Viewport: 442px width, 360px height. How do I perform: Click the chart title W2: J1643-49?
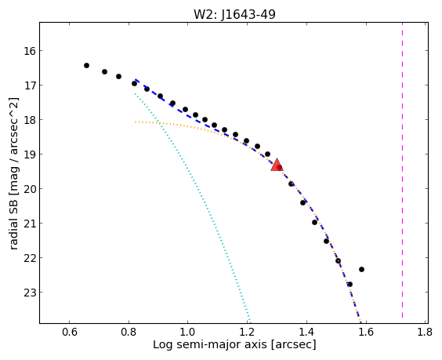pyautogui.click(x=234, y=14)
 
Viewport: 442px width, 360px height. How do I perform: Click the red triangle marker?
pyautogui.click(x=277, y=165)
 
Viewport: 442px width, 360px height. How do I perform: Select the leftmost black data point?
pyautogui.click(x=86, y=65)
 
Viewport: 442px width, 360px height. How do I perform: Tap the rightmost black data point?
pyautogui.click(x=361, y=270)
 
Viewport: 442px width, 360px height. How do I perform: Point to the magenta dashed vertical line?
pyautogui.click(x=402, y=170)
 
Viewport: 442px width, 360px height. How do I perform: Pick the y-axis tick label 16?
pyautogui.click(x=30, y=51)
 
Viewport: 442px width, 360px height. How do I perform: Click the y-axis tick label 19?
pyautogui.click(x=30, y=155)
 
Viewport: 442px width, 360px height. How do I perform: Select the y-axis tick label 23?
pyautogui.click(x=30, y=293)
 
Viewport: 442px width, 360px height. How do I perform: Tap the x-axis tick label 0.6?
pyautogui.click(x=70, y=332)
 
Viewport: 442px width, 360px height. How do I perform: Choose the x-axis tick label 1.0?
pyautogui.click(x=188, y=332)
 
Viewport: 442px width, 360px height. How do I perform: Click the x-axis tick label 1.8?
pyautogui.click(x=425, y=332)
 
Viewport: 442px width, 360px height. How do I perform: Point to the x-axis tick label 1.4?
pyautogui.click(x=306, y=332)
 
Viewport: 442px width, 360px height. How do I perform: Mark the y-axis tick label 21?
pyautogui.click(x=30, y=224)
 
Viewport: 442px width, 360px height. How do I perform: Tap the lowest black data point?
pyautogui.click(x=350, y=284)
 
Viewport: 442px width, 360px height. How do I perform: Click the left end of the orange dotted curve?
pyautogui.click(x=136, y=122)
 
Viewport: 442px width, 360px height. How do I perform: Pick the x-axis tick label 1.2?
pyautogui.click(x=247, y=332)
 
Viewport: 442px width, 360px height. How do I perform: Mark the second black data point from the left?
pyautogui.click(x=104, y=71)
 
